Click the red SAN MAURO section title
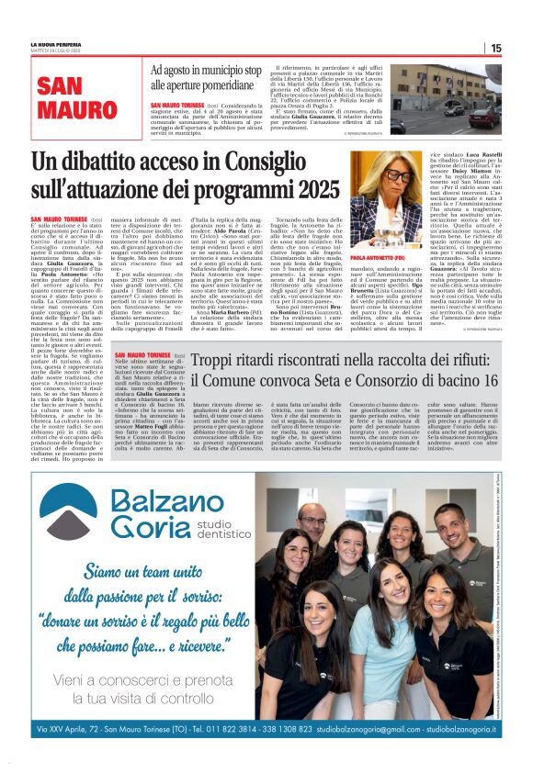click(66, 100)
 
